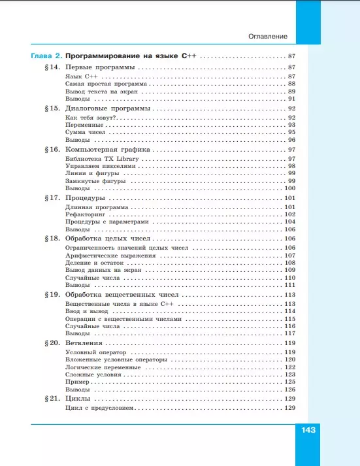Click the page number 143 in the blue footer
point(309,430)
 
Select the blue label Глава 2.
point(46,57)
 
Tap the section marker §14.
point(53,68)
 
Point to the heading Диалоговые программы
point(108,108)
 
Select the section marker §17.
point(53,197)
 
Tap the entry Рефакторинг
point(86,214)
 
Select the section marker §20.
point(53,343)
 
